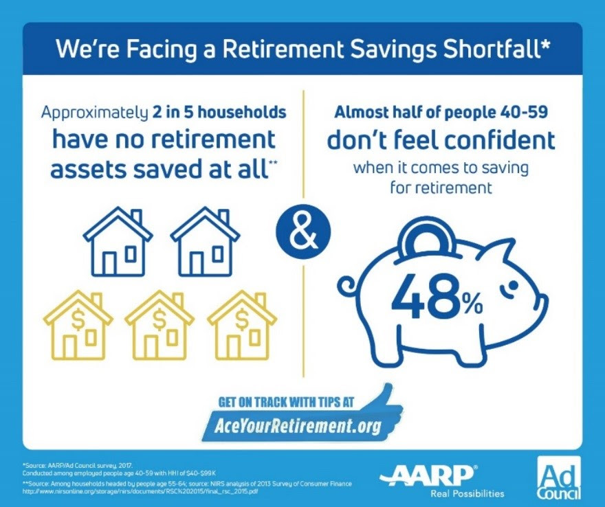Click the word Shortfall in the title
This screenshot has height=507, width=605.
[x=496, y=49]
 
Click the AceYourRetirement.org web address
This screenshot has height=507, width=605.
[x=292, y=426]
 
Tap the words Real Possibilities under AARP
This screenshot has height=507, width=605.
[x=467, y=493]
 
